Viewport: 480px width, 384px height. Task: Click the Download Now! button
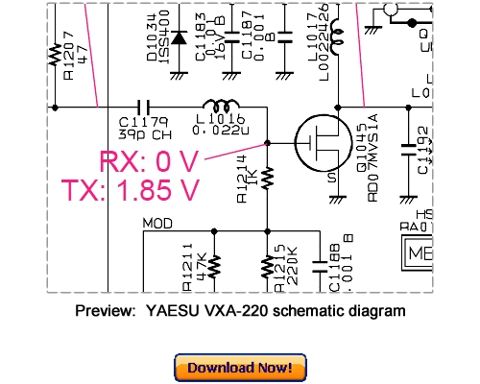[240, 367]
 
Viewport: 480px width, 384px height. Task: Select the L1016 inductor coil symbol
[219, 106]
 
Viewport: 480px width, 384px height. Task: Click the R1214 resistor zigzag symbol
[268, 177]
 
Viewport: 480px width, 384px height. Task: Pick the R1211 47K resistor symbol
[214, 261]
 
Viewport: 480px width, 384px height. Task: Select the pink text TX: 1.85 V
[131, 191]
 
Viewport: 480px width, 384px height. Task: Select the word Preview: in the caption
[108, 311]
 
